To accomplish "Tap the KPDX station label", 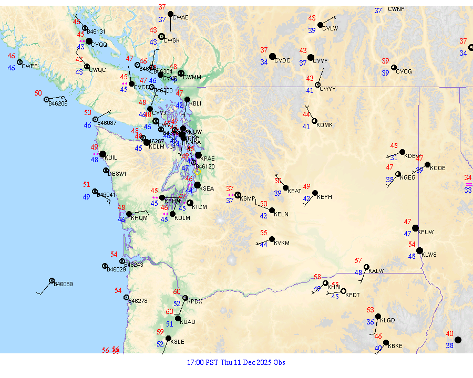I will (194, 301).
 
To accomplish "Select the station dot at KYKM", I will (272, 239).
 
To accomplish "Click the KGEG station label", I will (408, 177).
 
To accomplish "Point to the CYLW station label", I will (330, 28).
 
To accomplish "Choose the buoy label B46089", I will (64, 284).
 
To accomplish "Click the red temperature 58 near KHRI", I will (317, 277).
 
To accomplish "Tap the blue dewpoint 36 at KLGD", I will (371, 322).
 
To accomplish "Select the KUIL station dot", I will (102, 154).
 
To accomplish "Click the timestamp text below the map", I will (236, 362).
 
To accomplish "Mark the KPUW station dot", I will (415, 228).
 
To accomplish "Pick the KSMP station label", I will (248, 198).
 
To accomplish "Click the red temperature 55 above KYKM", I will (264, 233).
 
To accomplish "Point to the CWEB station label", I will (30, 66).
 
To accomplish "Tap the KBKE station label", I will (395, 346).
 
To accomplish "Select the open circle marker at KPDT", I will (343, 291).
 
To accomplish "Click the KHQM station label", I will (139, 217).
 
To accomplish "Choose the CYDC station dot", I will (272, 56).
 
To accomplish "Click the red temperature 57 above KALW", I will (358, 260).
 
